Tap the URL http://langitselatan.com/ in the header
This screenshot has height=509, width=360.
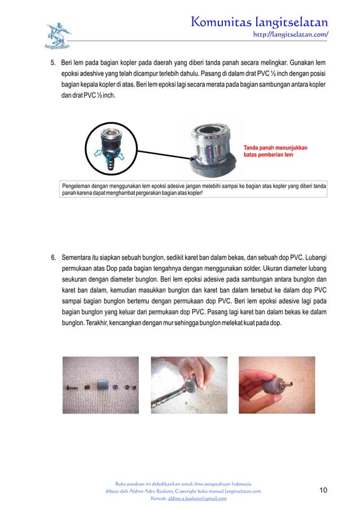[x=292, y=34]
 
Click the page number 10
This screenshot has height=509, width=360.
[x=323, y=490]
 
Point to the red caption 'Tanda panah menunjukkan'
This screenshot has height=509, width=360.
[x=275, y=147]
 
